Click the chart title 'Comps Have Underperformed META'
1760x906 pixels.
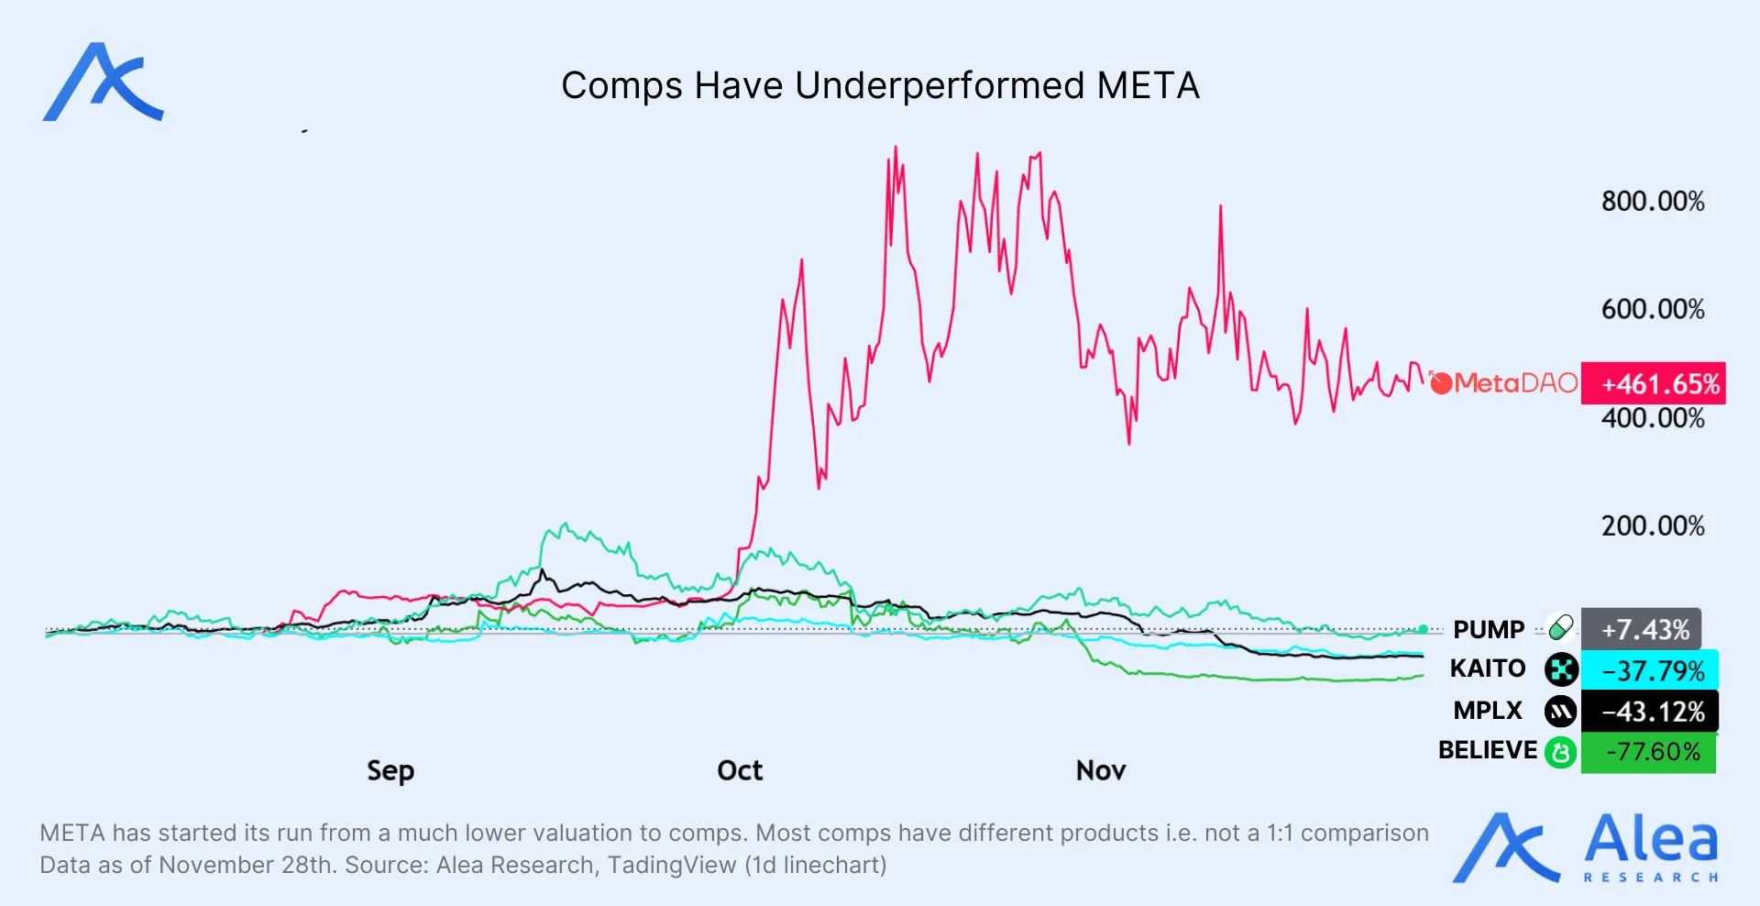click(880, 86)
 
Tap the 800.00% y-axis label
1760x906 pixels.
click(1653, 202)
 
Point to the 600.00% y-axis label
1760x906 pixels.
click(1653, 310)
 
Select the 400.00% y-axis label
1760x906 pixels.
click(1653, 419)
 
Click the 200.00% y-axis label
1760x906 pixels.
click(1653, 526)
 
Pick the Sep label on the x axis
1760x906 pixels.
click(390, 770)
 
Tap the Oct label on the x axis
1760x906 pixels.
click(740, 770)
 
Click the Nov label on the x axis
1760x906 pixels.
click(1101, 770)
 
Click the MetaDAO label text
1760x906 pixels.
click(1515, 383)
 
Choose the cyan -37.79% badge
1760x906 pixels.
click(1650, 670)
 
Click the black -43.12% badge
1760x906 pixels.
click(1650, 712)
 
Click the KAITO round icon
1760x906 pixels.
click(1561, 669)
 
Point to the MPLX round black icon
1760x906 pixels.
click(1560, 711)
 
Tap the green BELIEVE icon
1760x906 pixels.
click(1560, 753)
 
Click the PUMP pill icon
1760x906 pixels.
click(1560, 628)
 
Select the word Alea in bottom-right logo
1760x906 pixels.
click(1651, 838)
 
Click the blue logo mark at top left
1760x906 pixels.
click(103, 83)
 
